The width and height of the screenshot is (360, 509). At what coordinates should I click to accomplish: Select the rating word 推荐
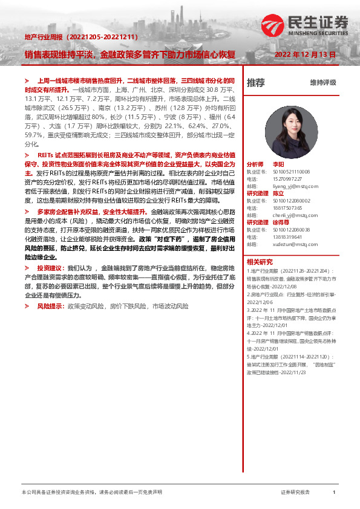click(x=256, y=83)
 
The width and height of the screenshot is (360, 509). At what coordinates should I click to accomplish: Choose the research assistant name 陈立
click(x=278, y=195)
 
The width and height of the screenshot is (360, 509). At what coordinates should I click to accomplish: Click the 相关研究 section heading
click(x=260, y=262)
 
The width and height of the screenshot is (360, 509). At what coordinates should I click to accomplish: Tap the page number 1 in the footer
click(x=334, y=493)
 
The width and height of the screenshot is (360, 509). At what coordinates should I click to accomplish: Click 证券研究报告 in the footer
click(x=296, y=493)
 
